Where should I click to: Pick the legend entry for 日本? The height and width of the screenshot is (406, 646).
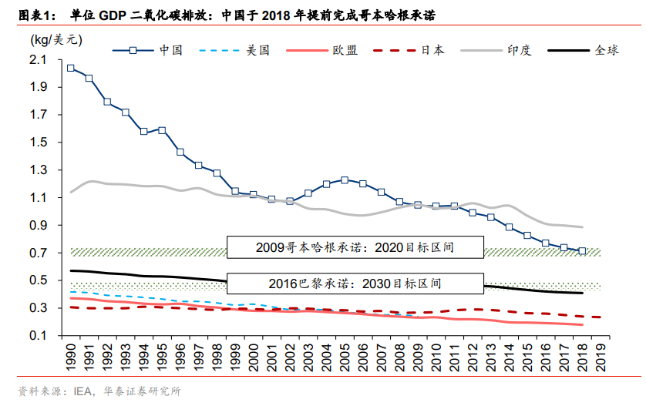click(431, 50)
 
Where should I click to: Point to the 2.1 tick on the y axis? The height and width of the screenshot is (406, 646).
click(38, 60)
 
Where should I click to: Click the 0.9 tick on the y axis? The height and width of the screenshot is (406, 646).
click(38, 226)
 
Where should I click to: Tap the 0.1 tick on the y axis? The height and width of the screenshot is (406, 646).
click(38, 336)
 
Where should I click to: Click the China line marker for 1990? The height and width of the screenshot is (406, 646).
click(71, 68)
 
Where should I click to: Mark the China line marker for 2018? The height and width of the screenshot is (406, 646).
click(582, 250)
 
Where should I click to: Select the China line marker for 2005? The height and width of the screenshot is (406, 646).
click(344, 180)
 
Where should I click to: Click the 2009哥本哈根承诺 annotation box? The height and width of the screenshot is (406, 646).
click(355, 247)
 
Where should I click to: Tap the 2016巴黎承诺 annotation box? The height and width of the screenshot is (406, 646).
click(355, 283)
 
